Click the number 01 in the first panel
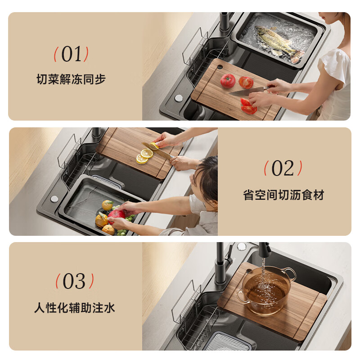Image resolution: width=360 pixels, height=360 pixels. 71,54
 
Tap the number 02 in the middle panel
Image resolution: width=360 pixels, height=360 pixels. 283,168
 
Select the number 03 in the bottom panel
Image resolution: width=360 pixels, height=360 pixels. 74,281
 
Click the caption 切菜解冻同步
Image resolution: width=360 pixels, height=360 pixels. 71,79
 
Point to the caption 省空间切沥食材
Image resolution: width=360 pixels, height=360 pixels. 283,195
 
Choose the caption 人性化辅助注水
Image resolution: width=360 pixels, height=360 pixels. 74,308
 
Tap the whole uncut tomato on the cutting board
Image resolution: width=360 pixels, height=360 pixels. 228,81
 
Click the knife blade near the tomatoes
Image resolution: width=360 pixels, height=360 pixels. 246,92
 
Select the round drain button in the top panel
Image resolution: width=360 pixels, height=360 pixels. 179,98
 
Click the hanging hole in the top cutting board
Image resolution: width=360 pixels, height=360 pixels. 220,67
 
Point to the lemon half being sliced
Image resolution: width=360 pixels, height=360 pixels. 154,146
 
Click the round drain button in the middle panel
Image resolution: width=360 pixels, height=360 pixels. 54,199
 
